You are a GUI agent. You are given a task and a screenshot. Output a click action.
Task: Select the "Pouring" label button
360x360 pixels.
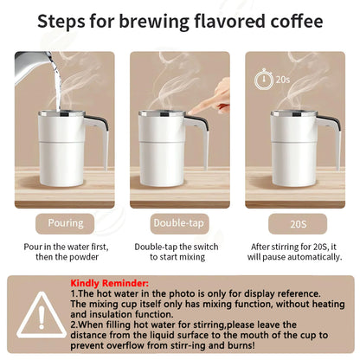65,222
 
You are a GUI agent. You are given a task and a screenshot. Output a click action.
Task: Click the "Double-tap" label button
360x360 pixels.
179,222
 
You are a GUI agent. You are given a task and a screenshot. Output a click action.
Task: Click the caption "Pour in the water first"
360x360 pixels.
65,246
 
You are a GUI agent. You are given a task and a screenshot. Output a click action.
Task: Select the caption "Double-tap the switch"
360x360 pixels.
179,246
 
